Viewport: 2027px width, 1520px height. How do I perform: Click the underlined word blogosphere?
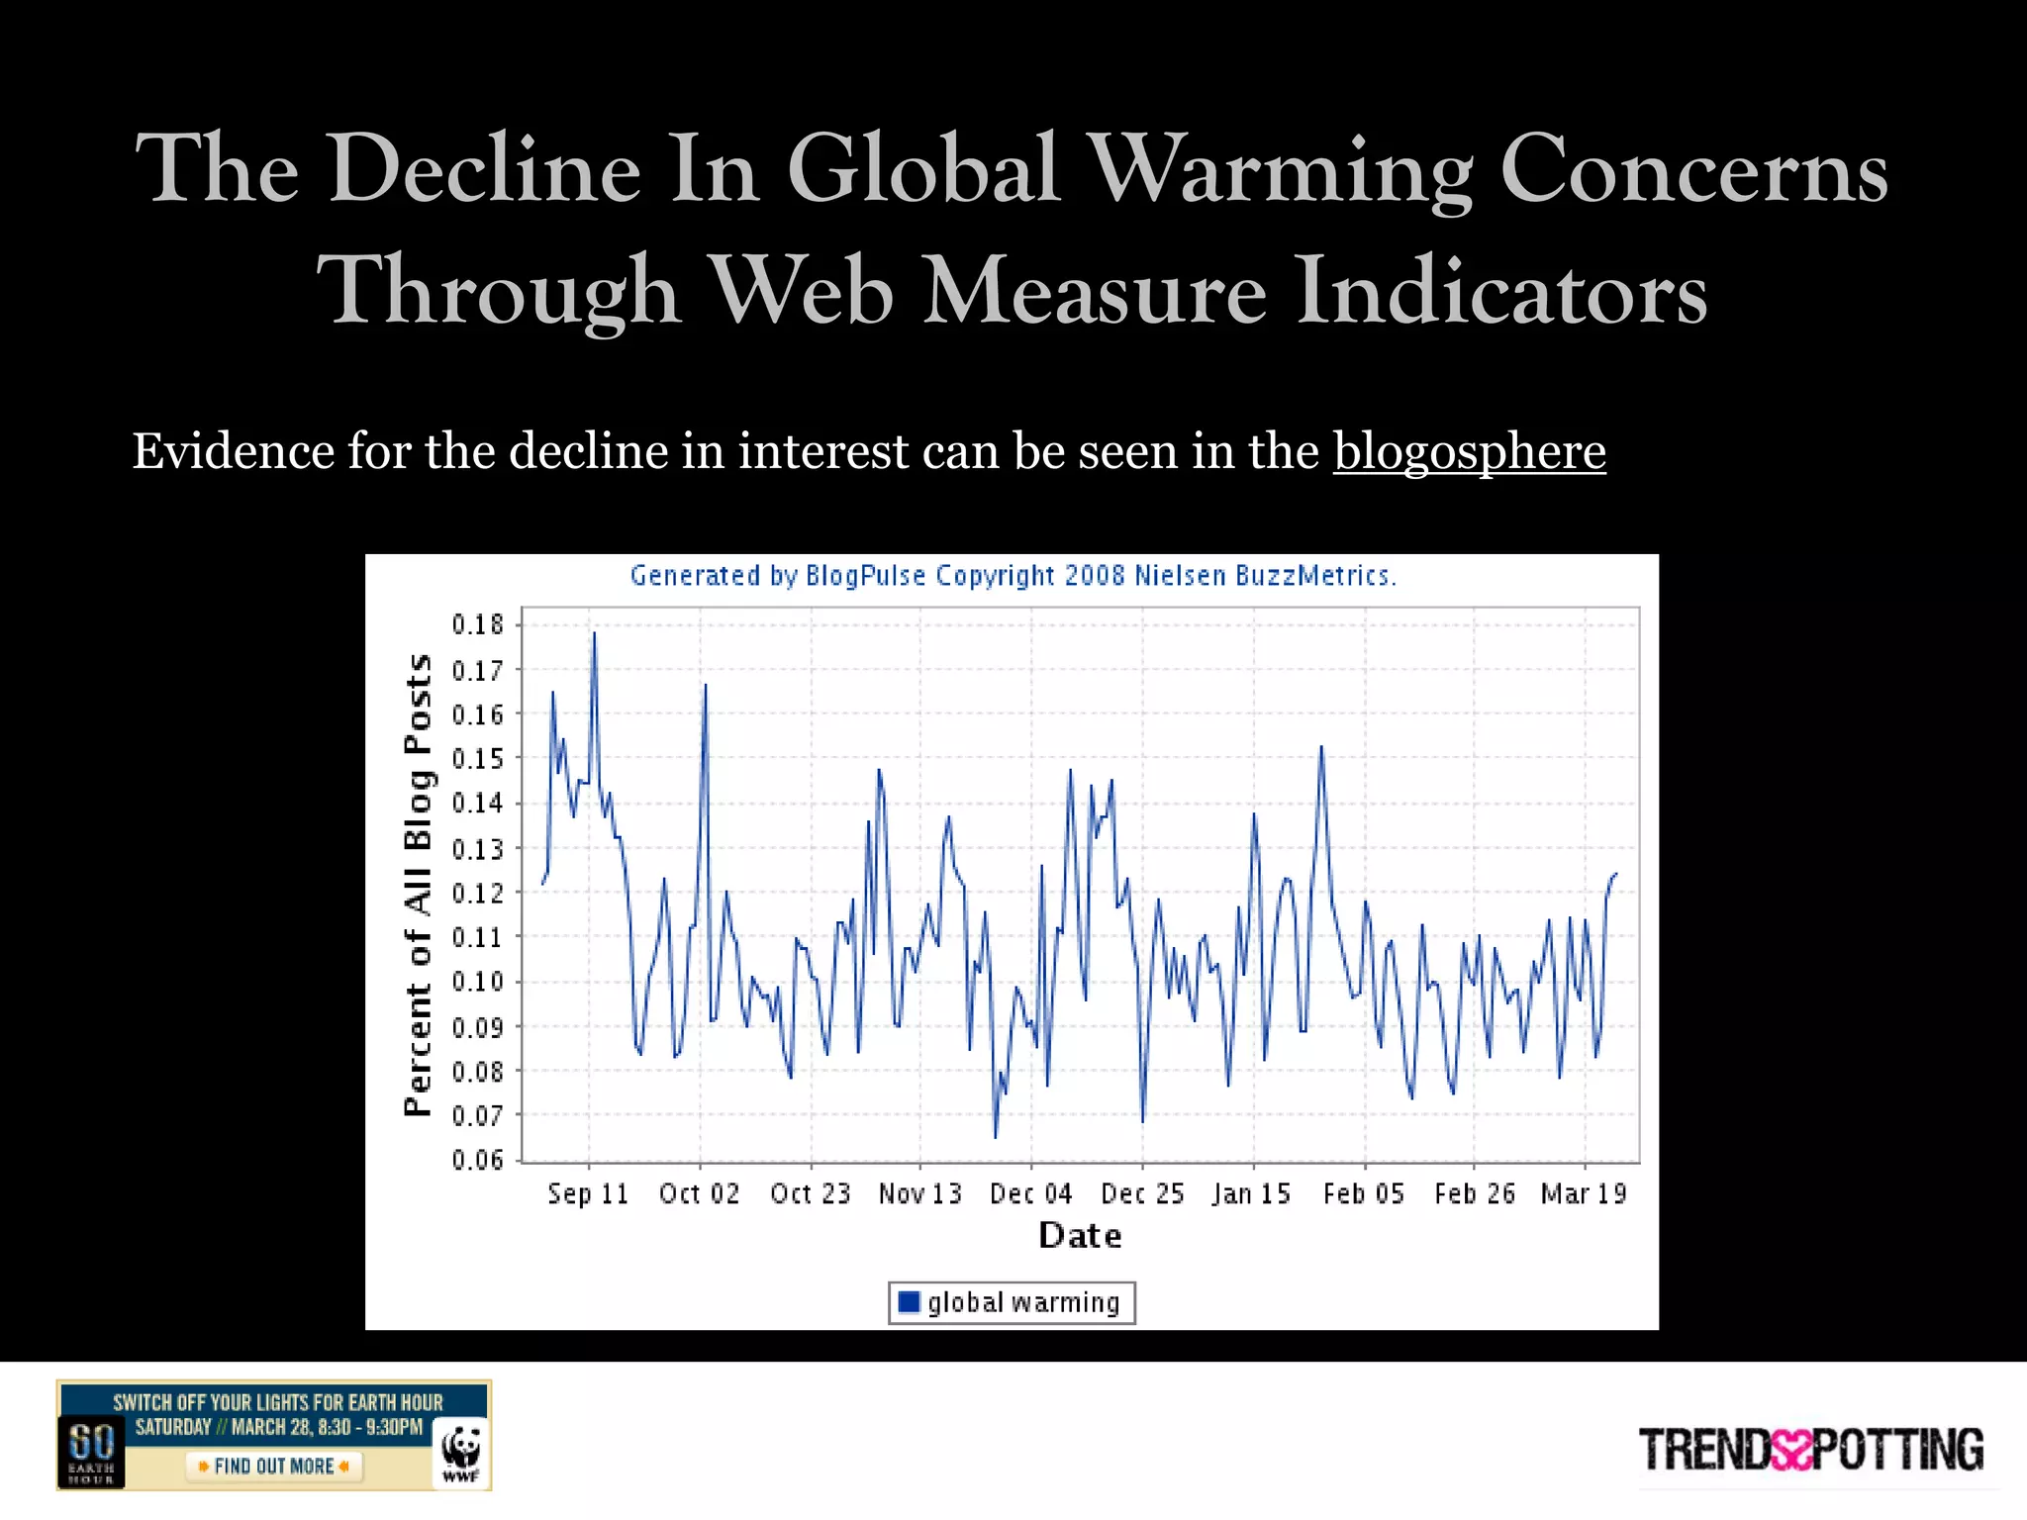(x=1469, y=452)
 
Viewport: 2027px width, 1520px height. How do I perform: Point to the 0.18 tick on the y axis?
(x=478, y=624)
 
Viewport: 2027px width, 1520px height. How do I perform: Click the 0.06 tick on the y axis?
(x=478, y=1159)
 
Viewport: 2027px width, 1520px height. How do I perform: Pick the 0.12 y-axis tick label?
(x=478, y=893)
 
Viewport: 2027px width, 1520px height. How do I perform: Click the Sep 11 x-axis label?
(x=588, y=1193)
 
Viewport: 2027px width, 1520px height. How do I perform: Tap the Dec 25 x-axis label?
(x=1142, y=1193)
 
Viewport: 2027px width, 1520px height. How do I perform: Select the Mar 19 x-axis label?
(x=1584, y=1193)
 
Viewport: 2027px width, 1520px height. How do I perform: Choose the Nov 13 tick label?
(x=919, y=1193)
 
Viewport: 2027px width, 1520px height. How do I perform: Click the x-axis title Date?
(x=1080, y=1236)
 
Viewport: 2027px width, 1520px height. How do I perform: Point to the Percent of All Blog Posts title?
(x=419, y=885)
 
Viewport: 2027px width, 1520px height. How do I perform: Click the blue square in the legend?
(x=909, y=1301)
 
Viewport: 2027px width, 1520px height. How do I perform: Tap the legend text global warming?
(x=1023, y=1302)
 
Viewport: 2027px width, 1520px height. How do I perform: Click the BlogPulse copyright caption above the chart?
(x=1013, y=575)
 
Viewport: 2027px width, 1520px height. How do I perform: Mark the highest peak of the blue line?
(x=594, y=633)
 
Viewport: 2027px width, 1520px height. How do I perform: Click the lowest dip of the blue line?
(x=996, y=1137)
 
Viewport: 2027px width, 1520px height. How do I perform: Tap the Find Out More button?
(x=274, y=1466)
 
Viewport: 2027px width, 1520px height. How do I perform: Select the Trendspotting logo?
(x=1810, y=1451)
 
